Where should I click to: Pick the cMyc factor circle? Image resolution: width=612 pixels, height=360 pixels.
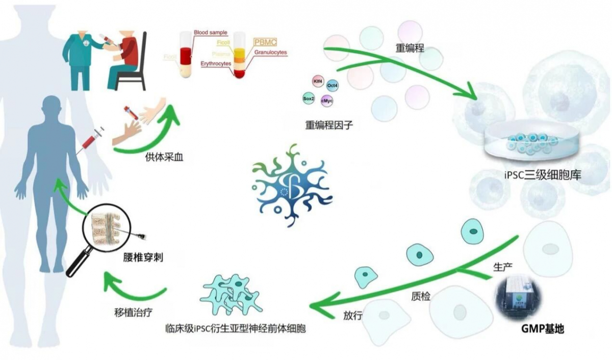tap(327, 101)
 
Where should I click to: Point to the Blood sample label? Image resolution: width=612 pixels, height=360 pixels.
tap(210, 33)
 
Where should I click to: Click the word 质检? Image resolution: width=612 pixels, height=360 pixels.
tap(420, 296)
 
